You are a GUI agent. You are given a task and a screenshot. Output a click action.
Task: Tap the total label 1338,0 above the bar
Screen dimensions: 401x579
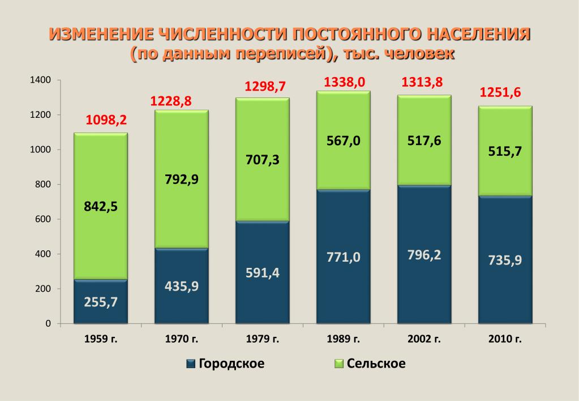pos(344,82)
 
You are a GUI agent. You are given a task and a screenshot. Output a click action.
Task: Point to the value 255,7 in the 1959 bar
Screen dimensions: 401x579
pos(101,302)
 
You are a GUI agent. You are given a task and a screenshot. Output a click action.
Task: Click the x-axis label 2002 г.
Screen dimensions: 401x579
pos(424,339)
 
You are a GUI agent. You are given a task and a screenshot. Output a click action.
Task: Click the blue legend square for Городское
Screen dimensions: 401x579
pos(191,364)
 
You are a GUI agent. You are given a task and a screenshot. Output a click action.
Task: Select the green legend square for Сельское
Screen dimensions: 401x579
pos(339,364)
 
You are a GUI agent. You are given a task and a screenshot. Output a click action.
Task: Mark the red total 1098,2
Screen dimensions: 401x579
pos(106,120)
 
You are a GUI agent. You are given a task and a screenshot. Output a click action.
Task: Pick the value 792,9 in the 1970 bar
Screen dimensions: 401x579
pos(182,180)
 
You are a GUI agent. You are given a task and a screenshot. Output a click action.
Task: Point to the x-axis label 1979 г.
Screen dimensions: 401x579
pos(263,339)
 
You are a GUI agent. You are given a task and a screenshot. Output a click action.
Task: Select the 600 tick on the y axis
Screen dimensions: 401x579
pos(44,219)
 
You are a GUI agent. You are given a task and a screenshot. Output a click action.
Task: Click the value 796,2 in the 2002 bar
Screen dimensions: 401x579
pos(424,255)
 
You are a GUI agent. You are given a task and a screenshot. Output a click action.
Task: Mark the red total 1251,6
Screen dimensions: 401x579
pos(500,93)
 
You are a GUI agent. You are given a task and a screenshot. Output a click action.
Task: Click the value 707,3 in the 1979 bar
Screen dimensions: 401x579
pos(263,160)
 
